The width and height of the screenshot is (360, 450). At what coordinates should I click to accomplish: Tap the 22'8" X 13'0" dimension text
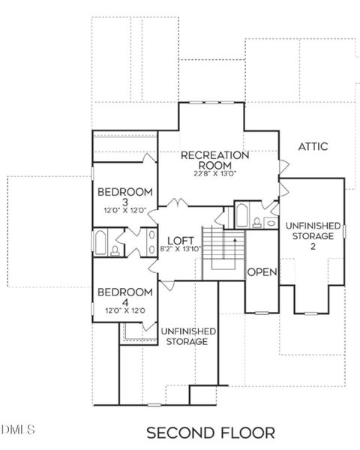click(x=214, y=173)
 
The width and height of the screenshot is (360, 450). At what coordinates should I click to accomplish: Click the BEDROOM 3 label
click(x=126, y=196)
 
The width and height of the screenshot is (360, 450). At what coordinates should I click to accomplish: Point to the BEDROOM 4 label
click(x=125, y=297)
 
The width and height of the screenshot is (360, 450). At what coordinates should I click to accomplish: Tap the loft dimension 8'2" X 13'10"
click(x=181, y=249)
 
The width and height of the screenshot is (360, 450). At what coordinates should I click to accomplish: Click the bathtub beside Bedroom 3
click(x=100, y=243)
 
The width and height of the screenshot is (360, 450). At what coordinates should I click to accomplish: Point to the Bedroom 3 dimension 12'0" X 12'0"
click(x=125, y=211)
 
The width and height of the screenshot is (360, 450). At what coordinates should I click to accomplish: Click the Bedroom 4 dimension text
click(x=125, y=310)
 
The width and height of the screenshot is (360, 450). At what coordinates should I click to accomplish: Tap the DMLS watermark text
click(x=19, y=429)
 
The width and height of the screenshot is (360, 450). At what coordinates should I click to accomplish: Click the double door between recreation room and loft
click(x=178, y=205)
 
